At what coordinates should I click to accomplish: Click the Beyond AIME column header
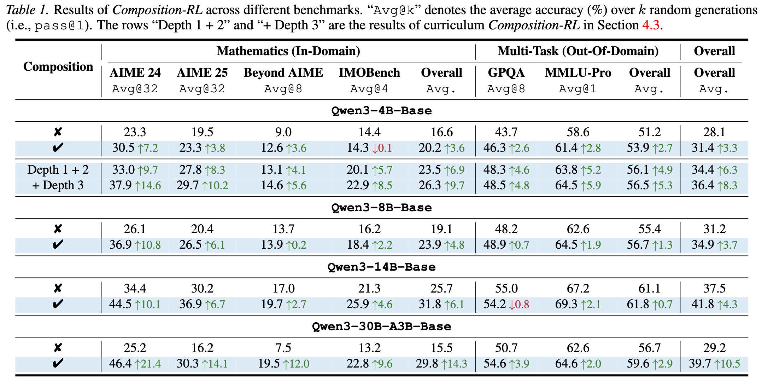tap(283, 73)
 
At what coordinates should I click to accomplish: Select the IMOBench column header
tap(369, 73)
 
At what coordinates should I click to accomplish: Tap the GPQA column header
tap(506, 73)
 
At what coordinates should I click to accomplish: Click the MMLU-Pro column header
tap(578, 73)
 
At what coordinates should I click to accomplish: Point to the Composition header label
tap(58, 67)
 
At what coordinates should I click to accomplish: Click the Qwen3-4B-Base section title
tap(381, 111)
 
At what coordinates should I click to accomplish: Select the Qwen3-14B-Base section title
tap(381, 267)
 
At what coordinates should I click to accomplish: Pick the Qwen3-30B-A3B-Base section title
tap(381, 327)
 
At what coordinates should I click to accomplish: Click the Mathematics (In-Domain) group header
tap(288, 51)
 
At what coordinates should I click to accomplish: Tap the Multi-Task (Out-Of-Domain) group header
tap(578, 51)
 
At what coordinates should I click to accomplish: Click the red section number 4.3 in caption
tap(650, 25)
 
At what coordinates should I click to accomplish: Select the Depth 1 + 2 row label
tap(58, 170)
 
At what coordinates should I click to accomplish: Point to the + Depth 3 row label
tap(58, 185)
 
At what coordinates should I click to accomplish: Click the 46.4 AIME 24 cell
tap(120, 364)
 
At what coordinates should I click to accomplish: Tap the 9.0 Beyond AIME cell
tap(283, 132)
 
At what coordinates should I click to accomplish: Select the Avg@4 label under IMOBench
tap(369, 89)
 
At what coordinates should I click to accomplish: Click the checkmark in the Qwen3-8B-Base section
tap(58, 244)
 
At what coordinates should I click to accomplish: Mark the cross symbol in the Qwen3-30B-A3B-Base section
tap(58, 348)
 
